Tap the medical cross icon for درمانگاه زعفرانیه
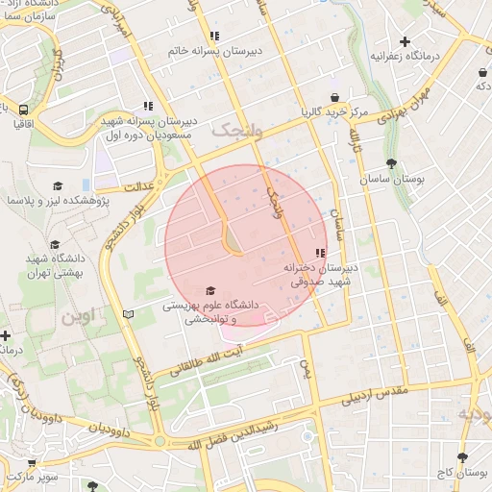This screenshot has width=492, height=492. tap(406, 41)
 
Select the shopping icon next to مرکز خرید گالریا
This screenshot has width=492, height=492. tap(333, 97)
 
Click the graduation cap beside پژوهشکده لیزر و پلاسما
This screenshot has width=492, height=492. tap(58, 185)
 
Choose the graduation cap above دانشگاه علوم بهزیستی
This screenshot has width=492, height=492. tap(211, 291)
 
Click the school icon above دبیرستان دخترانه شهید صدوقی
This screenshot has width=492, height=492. tap(320, 252)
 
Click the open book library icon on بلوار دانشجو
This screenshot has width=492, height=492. tap(129, 314)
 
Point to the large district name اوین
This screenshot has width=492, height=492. tap(82, 315)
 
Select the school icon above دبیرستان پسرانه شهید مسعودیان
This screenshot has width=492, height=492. tap(147, 106)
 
